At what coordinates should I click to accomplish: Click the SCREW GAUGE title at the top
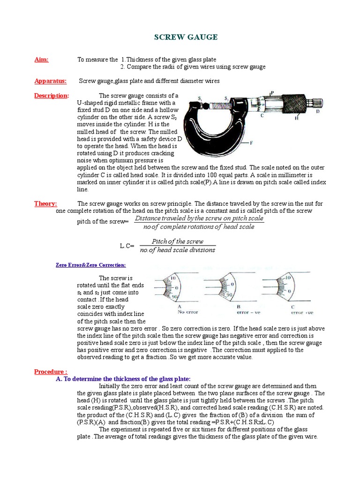[180, 37]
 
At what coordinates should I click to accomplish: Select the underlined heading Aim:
[41, 60]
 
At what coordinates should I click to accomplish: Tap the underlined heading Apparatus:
[50, 81]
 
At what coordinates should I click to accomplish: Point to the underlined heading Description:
[51, 96]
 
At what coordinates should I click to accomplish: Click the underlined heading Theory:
[45, 204]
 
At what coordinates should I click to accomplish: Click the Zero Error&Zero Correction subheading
[91, 265]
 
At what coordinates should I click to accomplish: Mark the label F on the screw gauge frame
[252, 142]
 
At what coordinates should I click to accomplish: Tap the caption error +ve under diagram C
[303, 312]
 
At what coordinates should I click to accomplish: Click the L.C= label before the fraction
[127, 246]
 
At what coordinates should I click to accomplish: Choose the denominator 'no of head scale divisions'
[178, 250]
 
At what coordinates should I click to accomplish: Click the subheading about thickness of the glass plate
[123, 379]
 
